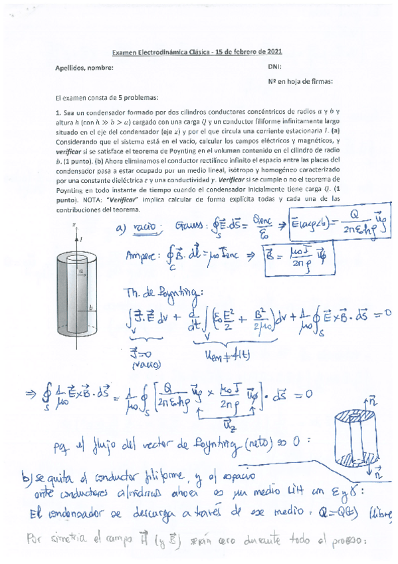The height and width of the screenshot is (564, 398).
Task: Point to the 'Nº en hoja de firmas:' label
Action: pos(300,82)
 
